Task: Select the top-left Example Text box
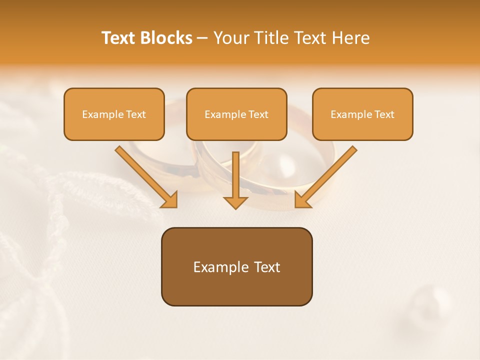pos(114,114)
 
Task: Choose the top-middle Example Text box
pos(236,114)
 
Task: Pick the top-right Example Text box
pos(362,114)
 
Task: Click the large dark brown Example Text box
pos(236,266)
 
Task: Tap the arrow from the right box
pos(327,175)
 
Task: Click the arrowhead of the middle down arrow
pos(235,201)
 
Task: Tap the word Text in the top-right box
pos(384,114)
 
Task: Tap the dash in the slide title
pos(202,38)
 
